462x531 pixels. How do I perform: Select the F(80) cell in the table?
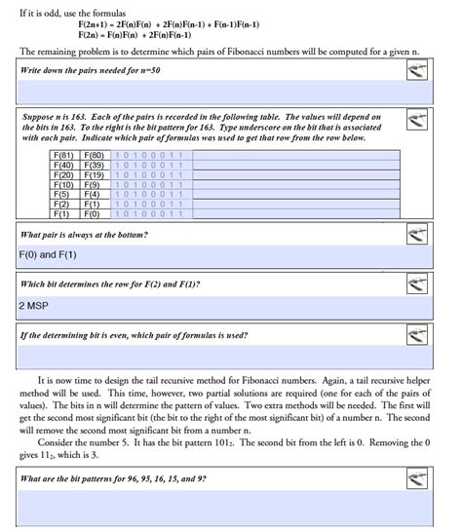[96, 155]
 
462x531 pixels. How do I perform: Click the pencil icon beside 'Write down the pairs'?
[417, 71]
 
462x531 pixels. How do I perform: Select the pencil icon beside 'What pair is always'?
[417, 234]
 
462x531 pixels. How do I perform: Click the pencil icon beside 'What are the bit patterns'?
[417, 479]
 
